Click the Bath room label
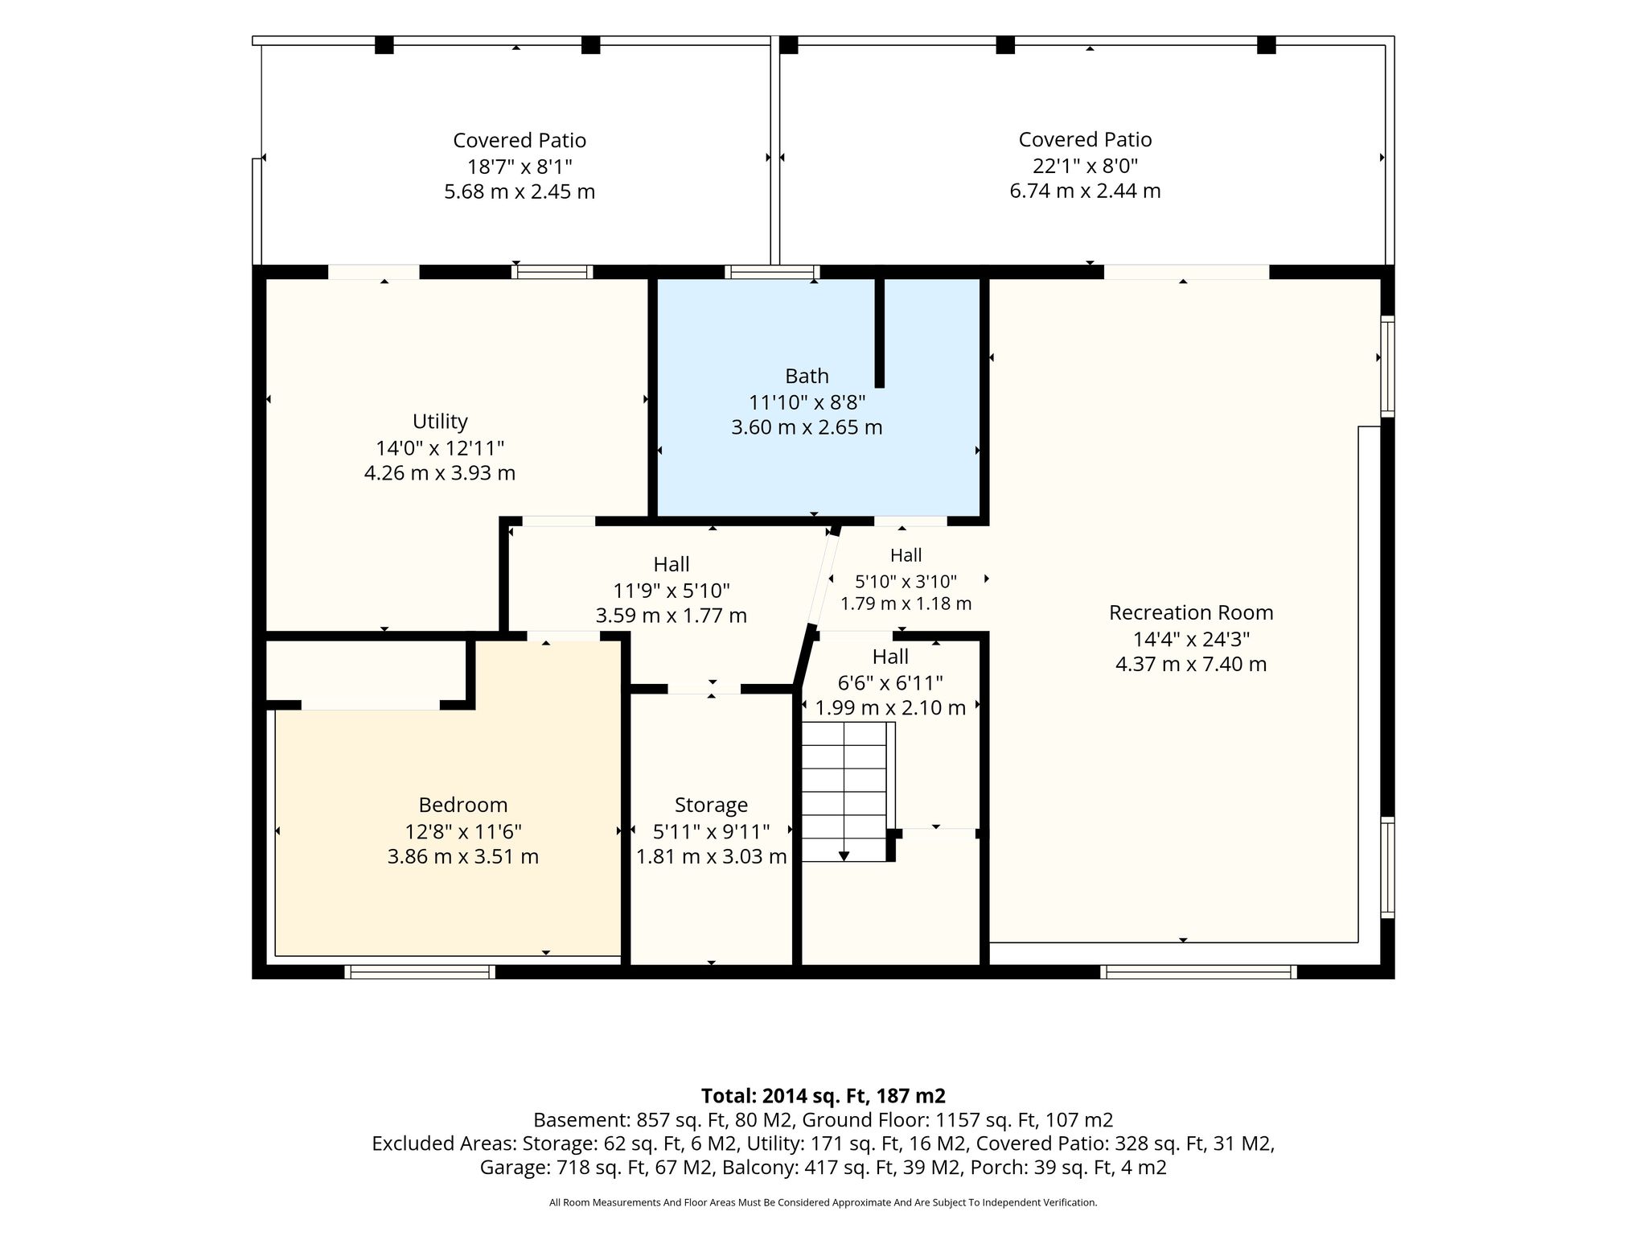coord(807,376)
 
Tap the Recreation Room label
coord(1191,612)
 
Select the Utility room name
coord(440,422)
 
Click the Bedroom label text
coord(463,805)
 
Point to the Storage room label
coord(711,805)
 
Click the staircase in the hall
coord(844,792)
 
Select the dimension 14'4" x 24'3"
coord(1191,639)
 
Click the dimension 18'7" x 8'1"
coord(520,167)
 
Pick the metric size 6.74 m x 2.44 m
coord(1085,191)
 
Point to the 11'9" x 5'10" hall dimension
coord(672,591)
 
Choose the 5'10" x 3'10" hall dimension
coord(906,581)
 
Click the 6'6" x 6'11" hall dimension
coord(890,683)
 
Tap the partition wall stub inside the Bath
coord(880,331)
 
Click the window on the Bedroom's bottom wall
coord(420,972)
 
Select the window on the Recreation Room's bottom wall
coord(1198,972)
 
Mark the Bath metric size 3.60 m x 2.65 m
coord(807,427)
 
